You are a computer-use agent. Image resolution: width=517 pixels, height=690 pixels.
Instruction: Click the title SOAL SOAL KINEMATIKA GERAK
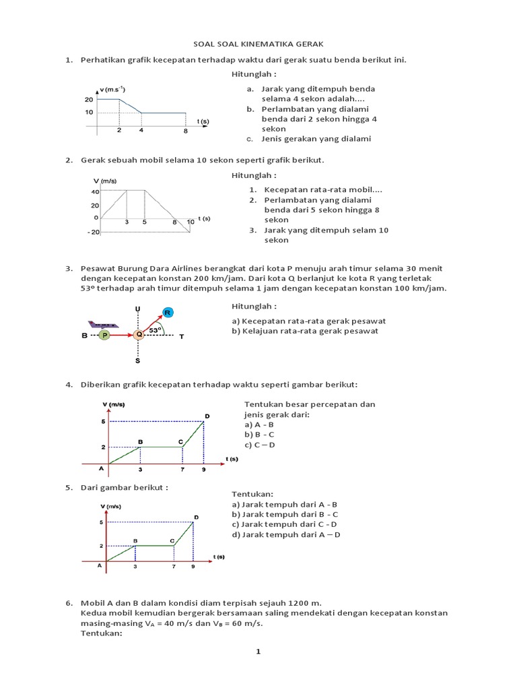point(258,43)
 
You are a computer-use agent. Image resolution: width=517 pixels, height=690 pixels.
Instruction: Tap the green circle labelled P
point(104,335)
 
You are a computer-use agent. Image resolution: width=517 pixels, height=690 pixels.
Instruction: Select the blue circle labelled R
point(168,312)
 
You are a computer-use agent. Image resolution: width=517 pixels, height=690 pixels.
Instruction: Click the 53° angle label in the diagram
point(155,330)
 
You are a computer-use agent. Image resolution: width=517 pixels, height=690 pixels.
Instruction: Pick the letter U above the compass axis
point(138,309)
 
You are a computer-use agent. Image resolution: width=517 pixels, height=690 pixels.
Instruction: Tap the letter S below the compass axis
point(138,361)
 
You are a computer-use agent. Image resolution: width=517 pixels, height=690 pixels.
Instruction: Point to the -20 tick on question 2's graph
point(93,232)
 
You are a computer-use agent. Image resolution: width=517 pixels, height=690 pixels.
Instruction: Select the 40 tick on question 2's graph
point(95,192)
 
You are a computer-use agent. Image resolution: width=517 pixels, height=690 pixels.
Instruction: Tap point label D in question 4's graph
point(207,416)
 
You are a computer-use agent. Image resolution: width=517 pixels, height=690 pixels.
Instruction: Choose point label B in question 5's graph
point(135,540)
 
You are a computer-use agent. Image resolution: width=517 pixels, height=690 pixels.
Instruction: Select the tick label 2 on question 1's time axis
point(119,130)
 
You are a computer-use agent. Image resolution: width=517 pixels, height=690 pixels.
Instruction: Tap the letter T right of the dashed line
point(181,336)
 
